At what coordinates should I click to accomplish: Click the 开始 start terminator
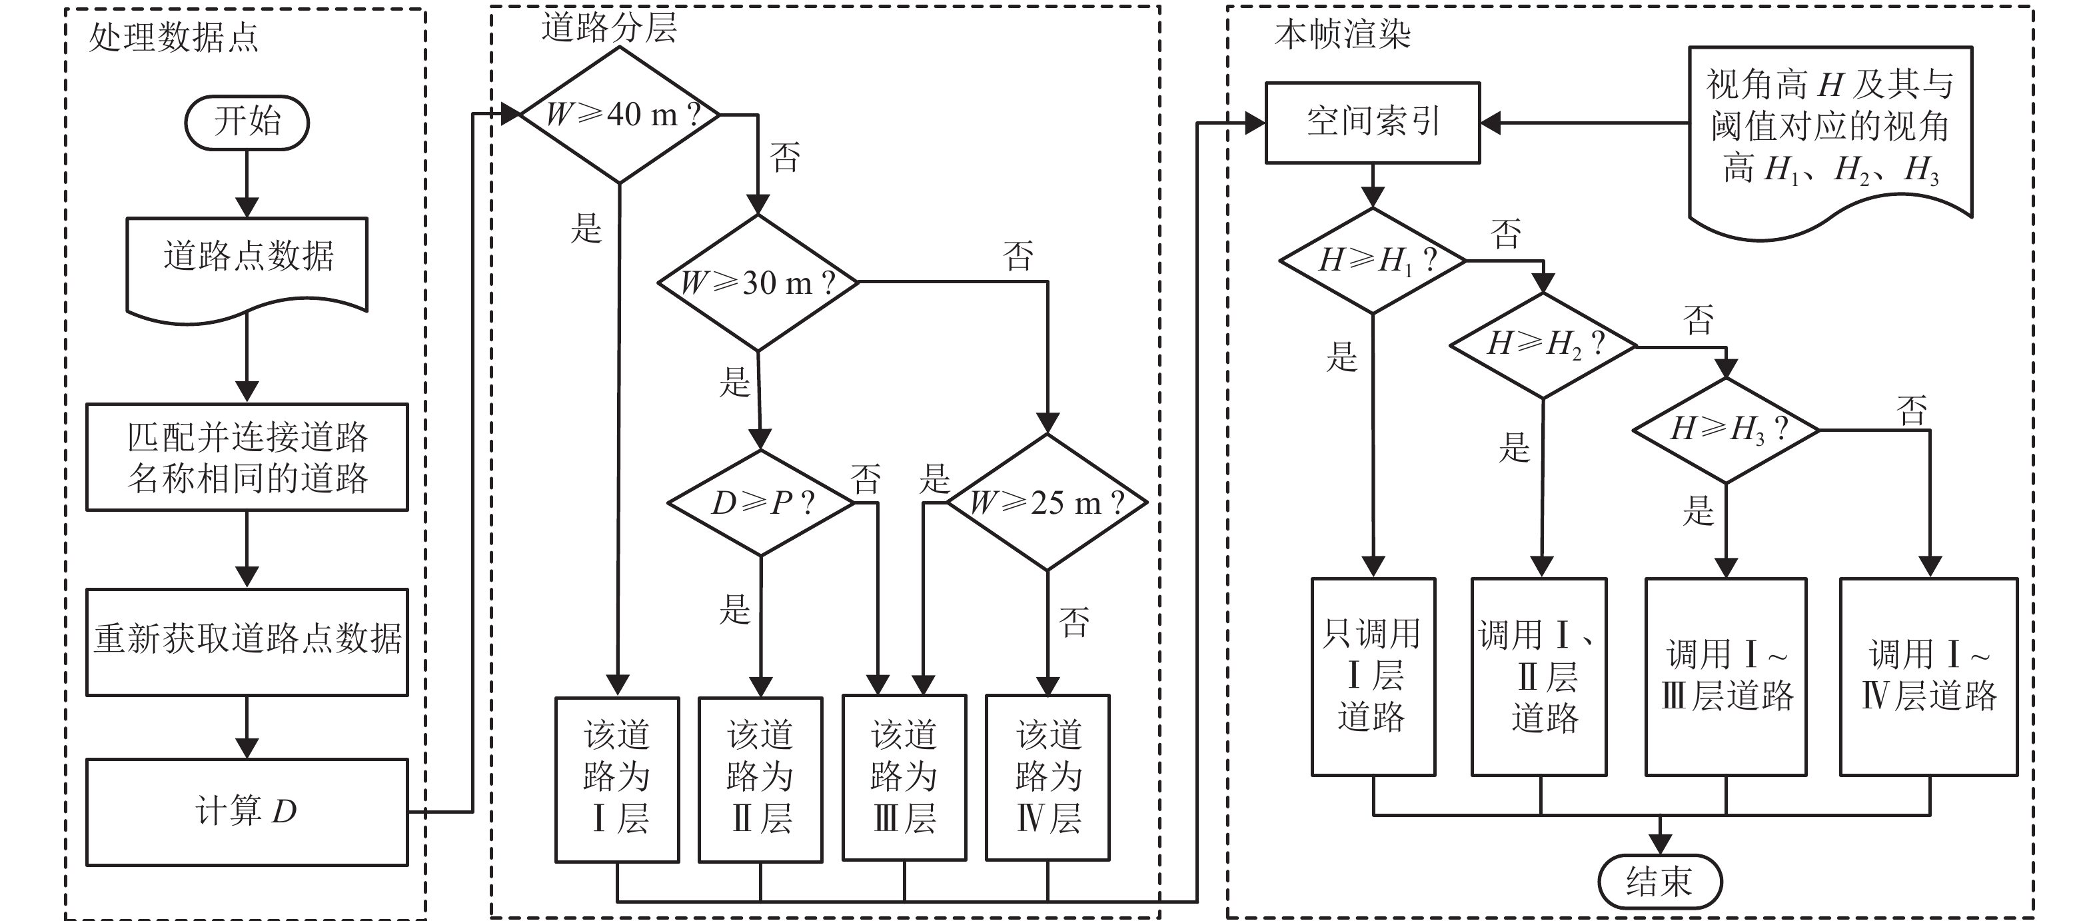[247, 122]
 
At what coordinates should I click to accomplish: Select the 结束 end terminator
[1660, 881]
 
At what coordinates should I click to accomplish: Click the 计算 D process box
[247, 812]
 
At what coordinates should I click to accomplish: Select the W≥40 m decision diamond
[619, 115]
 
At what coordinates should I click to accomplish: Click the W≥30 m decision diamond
[758, 283]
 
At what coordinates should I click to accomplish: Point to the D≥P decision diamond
[761, 503]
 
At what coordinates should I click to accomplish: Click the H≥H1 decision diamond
[1373, 261]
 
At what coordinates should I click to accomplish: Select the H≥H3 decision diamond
[1726, 430]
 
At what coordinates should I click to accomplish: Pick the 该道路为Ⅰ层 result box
[617, 778]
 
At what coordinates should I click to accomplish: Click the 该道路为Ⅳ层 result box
[1047, 778]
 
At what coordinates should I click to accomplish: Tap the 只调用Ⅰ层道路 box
[1373, 676]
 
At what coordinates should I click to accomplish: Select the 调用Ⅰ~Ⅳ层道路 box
[1928, 676]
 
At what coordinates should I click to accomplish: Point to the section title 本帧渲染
[1342, 34]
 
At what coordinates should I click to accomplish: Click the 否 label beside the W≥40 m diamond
[786, 157]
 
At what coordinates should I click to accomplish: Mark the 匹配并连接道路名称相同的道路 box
[247, 457]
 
